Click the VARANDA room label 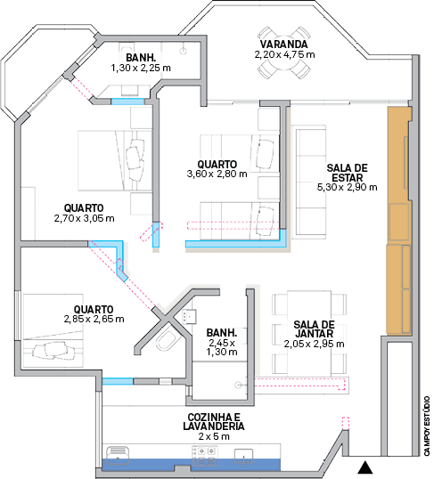(x=283, y=45)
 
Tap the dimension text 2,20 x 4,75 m (x=284, y=54)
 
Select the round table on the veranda (x=283, y=53)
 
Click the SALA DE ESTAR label (x=348, y=173)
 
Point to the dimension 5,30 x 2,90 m (x=348, y=187)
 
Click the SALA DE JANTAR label (x=314, y=329)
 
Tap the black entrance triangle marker (x=364, y=467)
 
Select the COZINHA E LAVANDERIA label (x=214, y=421)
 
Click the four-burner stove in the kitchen (x=205, y=455)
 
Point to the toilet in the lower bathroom (x=166, y=340)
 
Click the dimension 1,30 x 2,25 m (x=141, y=68)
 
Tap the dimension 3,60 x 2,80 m (x=217, y=175)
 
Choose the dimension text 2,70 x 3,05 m (x=84, y=218)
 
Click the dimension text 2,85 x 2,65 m (x=94, y=320)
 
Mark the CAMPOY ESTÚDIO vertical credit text (x=427, y=426)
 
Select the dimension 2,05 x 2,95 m (x=314, y=344)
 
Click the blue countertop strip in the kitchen (x=191, y=465)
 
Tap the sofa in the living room (x=309, y=182)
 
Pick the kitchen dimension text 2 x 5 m (x=214, y=436)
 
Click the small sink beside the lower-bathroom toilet (x=189, y=316)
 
